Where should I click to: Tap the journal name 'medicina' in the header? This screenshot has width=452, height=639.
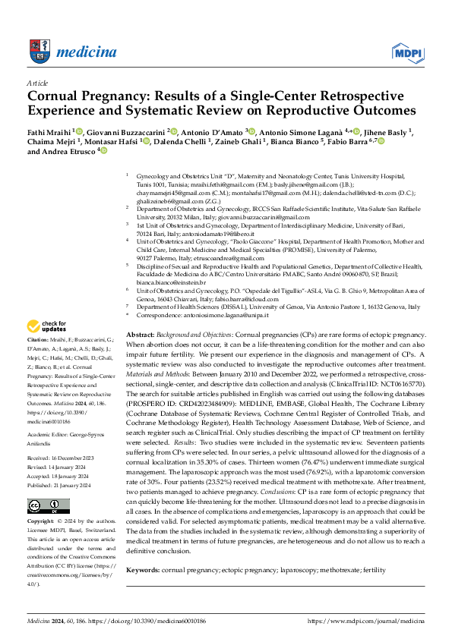coord(89,51)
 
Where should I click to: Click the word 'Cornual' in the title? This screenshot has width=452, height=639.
coord(58,97)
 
